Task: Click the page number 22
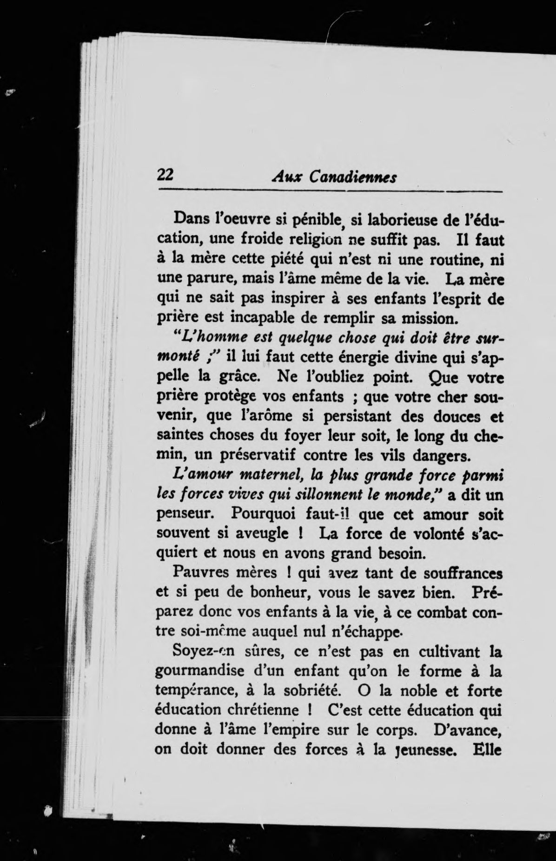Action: click(165, 175)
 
